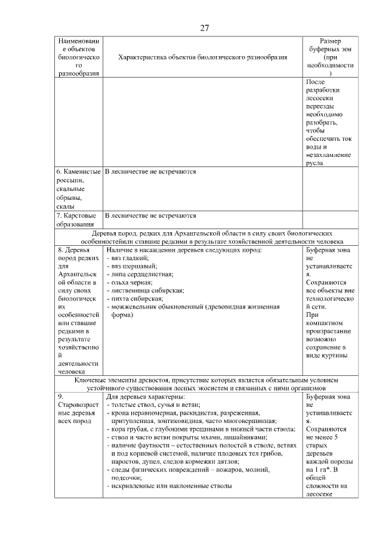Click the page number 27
coord(204,27)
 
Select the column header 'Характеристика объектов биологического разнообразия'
coord(203,57)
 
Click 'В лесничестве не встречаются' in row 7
coord(151,215)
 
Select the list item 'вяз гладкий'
coord(129,257)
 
